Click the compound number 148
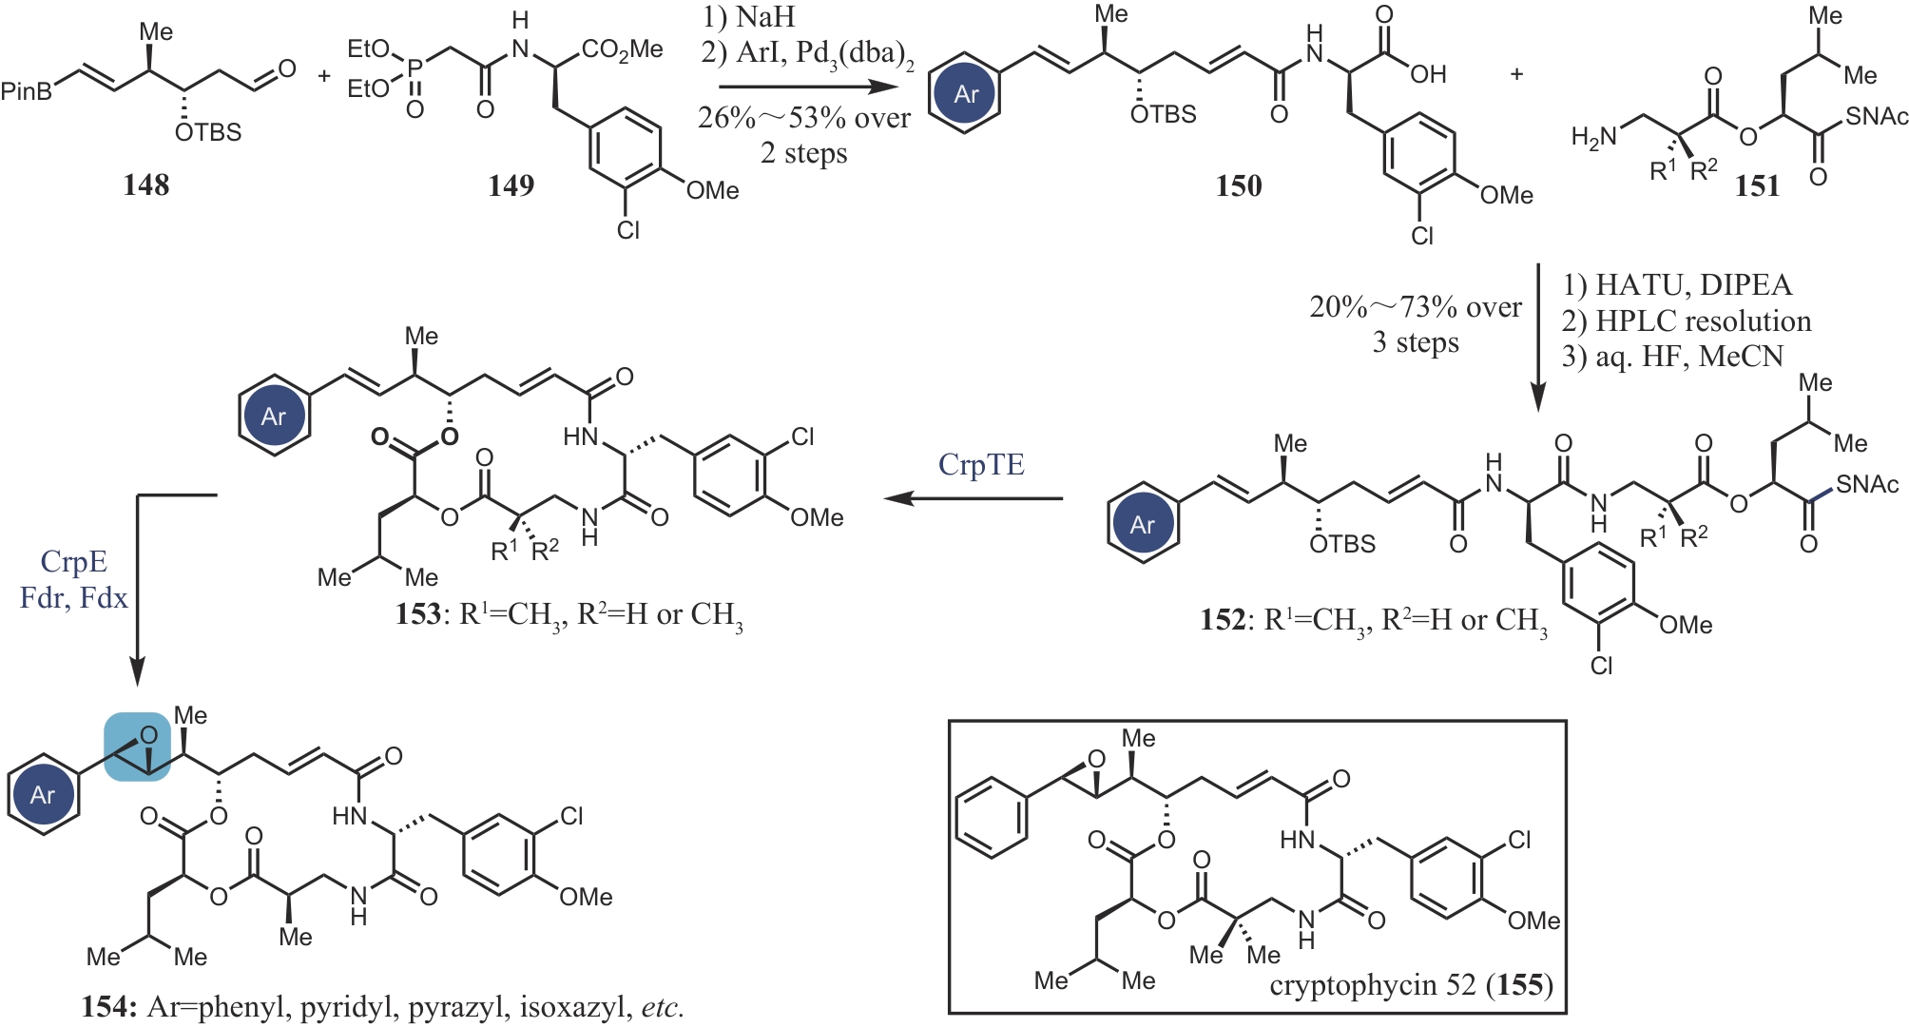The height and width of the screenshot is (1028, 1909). point(145,184)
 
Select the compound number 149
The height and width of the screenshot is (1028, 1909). point(511,185)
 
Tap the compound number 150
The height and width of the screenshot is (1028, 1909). point(1238,185)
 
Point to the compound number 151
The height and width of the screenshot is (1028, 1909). point(1756,185)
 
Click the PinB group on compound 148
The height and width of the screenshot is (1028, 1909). point(26,92)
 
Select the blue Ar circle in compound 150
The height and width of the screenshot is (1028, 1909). point(965,93)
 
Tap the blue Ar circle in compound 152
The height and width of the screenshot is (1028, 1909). point(1142,524)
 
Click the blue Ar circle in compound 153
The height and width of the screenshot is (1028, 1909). point(274,416)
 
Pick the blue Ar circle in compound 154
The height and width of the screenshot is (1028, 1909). point(43,795)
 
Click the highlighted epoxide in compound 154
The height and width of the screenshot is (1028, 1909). point(138,747)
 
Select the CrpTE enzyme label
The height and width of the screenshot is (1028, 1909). point(981,465)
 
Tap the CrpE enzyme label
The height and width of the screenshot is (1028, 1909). point(74,562)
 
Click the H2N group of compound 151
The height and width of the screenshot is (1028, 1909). point(1594,138)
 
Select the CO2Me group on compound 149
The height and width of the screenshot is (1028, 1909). point(623,49)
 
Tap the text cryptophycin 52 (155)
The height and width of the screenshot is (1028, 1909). point(1411,985)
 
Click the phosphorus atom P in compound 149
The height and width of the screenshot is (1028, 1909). point(414,68)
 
